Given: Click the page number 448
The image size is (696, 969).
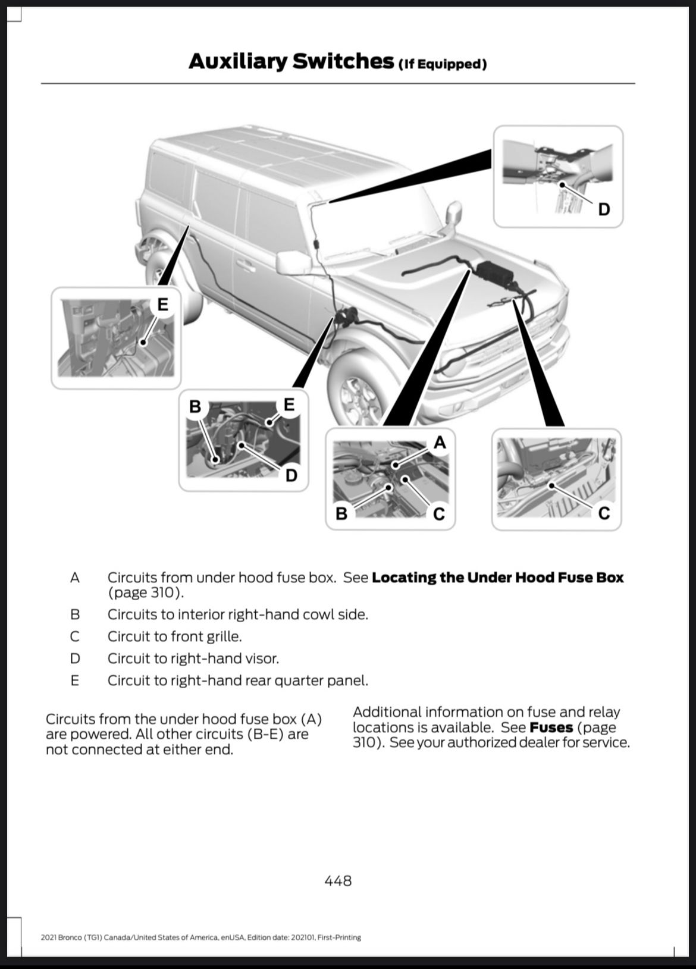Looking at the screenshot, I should (x=338, y=880).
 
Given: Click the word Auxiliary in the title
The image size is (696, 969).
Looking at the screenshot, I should (x=237, y=61).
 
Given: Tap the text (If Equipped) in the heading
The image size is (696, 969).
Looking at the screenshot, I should (x=442, y=64).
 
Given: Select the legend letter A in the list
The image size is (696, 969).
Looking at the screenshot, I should (x=74, y=578).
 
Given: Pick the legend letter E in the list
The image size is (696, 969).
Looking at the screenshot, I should (x=74, y=681).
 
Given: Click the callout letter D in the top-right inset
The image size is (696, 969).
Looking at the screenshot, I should (x=604, y=209).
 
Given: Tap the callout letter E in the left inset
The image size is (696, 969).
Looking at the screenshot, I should (x=162, y=305).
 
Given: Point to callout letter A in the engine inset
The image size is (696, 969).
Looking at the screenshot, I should (x=440, y=442).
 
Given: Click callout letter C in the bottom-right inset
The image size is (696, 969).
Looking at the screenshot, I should (x=604, y=513).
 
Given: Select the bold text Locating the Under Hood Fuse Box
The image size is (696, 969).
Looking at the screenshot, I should (x=497, y=578).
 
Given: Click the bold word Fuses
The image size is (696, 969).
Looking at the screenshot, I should (x=551, y=727).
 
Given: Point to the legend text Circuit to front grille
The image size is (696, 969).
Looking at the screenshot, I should (x=174, y=636).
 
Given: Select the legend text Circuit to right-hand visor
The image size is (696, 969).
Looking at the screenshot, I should (x=193, y=658).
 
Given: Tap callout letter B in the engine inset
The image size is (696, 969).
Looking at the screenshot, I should (x=341, y=513).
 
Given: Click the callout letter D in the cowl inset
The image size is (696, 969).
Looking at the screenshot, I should (x=291, y=475).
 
